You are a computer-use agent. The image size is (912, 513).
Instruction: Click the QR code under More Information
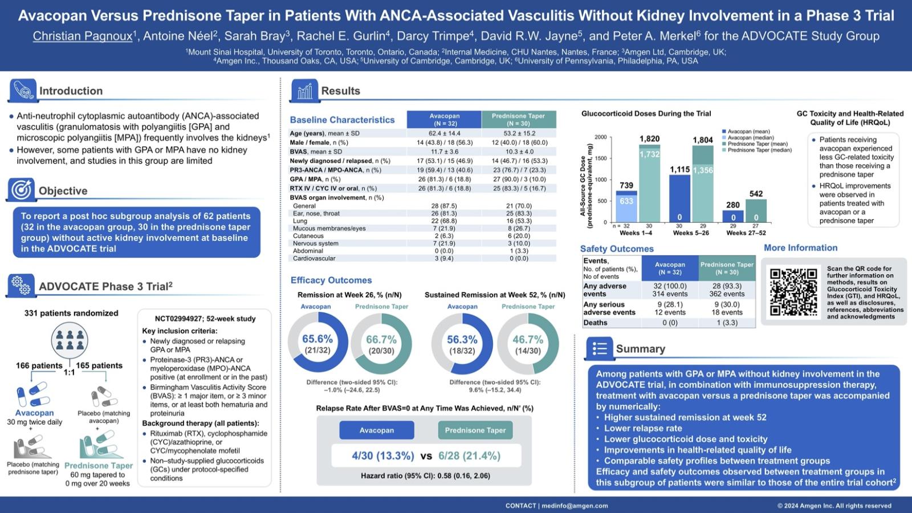[x=793, y=292]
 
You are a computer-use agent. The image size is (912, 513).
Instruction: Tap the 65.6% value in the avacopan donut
[x=317, y=339]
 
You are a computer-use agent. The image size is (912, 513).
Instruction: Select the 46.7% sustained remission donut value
[x=528, y=340]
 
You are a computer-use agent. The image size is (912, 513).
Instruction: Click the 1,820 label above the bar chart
[x=649, y=139]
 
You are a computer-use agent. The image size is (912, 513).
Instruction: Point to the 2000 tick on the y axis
[x=600, y=137]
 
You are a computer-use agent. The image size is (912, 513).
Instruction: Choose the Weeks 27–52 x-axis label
[x=746, y=233]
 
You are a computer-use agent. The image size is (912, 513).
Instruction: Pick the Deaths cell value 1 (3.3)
[x=727, y=323]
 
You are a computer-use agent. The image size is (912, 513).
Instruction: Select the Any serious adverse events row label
[x=609, y=308]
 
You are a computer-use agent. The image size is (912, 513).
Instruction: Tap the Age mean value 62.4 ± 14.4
[x=444, y=133]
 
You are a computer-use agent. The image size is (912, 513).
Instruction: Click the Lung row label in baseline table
[x=300, y=221]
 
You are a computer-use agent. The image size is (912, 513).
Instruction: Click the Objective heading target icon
[x=22, y=190]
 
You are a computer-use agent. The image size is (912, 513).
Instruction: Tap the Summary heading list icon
[x=600, y=348]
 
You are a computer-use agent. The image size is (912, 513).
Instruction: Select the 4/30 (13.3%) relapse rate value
[x=383, y=456]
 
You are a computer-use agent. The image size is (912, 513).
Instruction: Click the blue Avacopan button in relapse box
[x=376, y=430]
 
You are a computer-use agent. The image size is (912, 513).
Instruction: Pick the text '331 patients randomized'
[x=71, y=313]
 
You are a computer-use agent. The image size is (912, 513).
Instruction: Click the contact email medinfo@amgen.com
[x=575, y=506]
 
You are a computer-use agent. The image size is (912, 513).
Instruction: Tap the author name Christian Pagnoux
[x=83, y=36]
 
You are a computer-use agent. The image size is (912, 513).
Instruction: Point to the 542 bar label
[x=756, y=194]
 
